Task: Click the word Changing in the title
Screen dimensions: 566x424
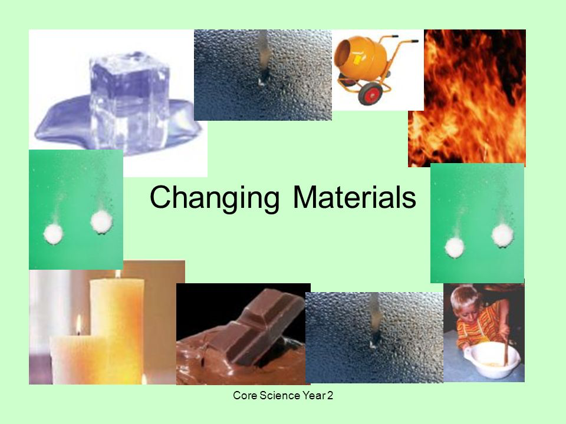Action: [215, 198]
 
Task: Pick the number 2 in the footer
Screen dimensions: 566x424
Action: [330, 396]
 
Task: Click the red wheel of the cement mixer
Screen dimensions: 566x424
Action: [370, 94]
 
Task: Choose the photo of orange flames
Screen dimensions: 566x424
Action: [467, 98]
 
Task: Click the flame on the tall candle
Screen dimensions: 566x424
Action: [118, 274]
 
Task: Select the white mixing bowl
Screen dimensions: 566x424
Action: [492, 359]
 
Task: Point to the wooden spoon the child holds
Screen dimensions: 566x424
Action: [506, 346]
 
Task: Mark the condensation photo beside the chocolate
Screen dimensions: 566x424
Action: [374, 337]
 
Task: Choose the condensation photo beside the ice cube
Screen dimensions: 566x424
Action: [263, 75]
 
